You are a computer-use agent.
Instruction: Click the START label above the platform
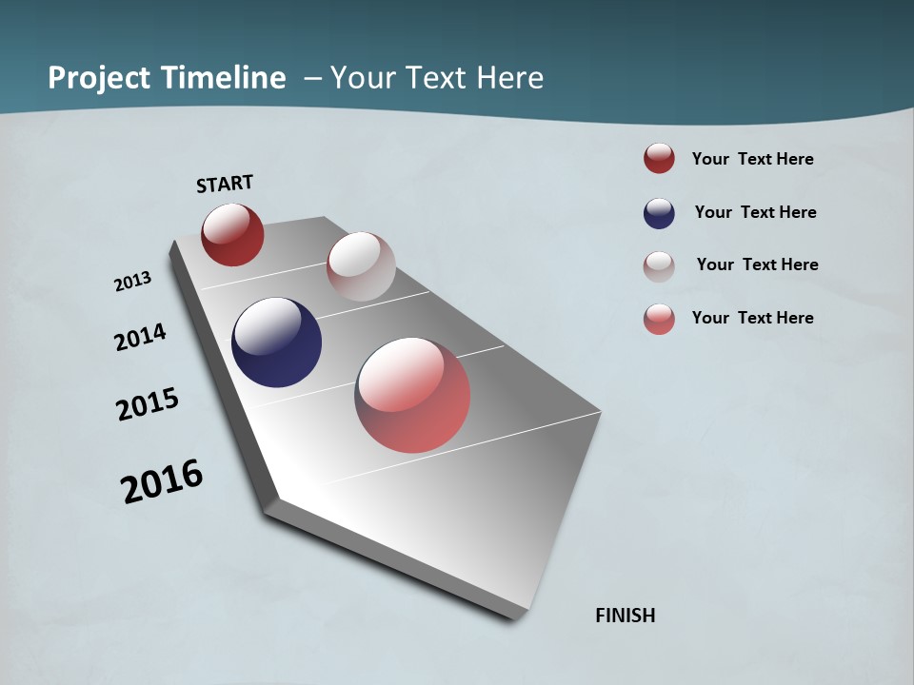pos(225,184)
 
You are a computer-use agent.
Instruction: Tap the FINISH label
pos(626,616)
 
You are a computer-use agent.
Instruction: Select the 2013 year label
pos(132,282)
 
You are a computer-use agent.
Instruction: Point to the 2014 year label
pos(140,338)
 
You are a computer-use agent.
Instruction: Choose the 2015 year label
pos(148,404)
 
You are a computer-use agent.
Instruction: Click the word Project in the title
pos(99,78)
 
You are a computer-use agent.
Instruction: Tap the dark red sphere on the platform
pos(232,234)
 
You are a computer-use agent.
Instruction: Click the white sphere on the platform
pos(361,266)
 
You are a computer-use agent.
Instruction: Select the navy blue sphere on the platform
pos(276,342)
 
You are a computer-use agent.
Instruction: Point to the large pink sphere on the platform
pos(412,395)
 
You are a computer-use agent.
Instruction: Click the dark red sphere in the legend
pos(659,159)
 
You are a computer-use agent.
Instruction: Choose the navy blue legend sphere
pos(659,213)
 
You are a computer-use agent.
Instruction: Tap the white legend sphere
pos(659,266)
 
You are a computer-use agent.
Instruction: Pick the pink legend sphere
pos(659,319)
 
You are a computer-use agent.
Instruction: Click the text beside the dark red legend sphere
pos(752,159)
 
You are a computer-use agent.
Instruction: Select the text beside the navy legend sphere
pos(755,212)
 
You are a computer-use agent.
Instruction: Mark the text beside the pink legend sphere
pos(752,318)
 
